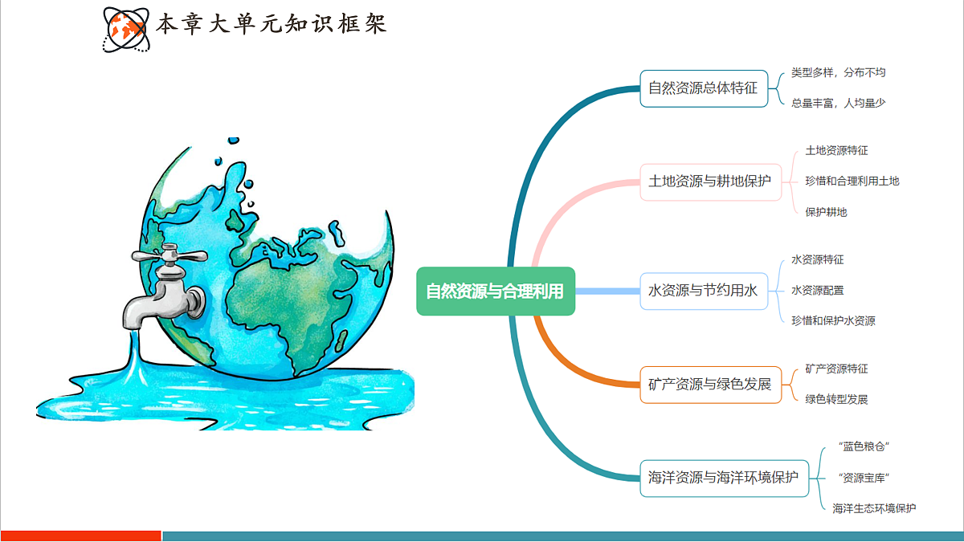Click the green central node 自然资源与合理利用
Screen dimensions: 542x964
pyautogui.click(x=495, y=291)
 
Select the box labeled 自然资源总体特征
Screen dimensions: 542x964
pyautogui.click(x=703, y=88)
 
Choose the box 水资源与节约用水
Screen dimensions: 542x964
pyautogui.click(x=703, y=291)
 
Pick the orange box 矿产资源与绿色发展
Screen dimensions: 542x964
pyautogui.click(x=709, y=384)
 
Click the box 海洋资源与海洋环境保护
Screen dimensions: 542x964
pyautogui.click(x=724, y=477)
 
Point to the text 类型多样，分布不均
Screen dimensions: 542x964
pyautogui.click(x=838, y=72)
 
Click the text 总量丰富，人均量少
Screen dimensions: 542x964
pyautogui.click(x=838, y=103)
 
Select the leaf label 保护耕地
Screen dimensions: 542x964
pyautogui.click(x=826, y=212)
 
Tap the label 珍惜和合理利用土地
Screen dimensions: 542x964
pyautogui.click(x=852, y=181)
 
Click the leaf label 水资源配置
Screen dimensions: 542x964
pyautogui.click(x=817, y=290)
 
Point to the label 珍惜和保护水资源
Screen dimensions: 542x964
pyautogui.click(x=832, y=320)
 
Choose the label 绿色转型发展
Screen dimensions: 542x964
pyautogui.click(x=836, y=399)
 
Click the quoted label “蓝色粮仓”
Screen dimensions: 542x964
pyautogui.click(x=864, y=446)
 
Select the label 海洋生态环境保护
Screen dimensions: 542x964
pyautogui.click(x=874, y=508)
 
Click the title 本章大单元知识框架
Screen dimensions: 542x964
pyautogui.click(x=271, y=24)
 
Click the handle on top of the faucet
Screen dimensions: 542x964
pyautogui.click(x=168, y=256)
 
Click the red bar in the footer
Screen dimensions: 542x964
pyautogui.click(x=80, y=536)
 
